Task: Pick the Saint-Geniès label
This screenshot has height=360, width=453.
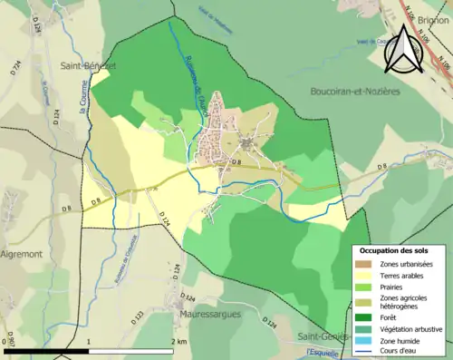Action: coord(329,336)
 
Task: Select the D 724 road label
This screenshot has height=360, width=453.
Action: coord(16,66)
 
